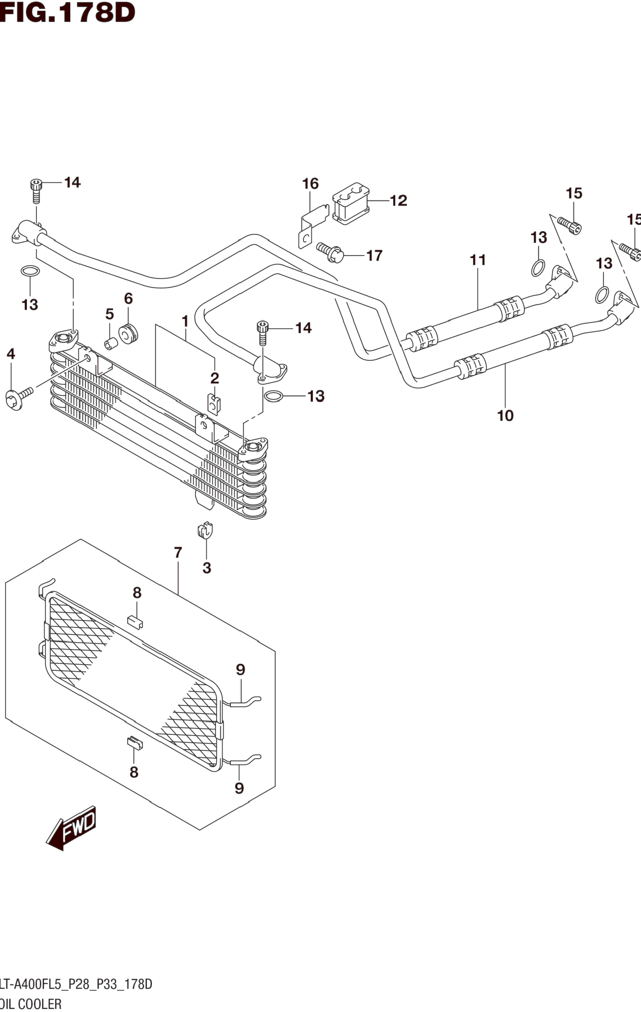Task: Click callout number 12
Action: click(x=399, y=201)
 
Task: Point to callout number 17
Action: click(x=375, y=256)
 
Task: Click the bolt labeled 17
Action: click(x=330, y=251)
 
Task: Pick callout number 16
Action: click(x=311, y=184)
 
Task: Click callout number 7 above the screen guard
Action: click(x=178, y=553)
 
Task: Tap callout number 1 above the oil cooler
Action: click(x=185, y=321)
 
